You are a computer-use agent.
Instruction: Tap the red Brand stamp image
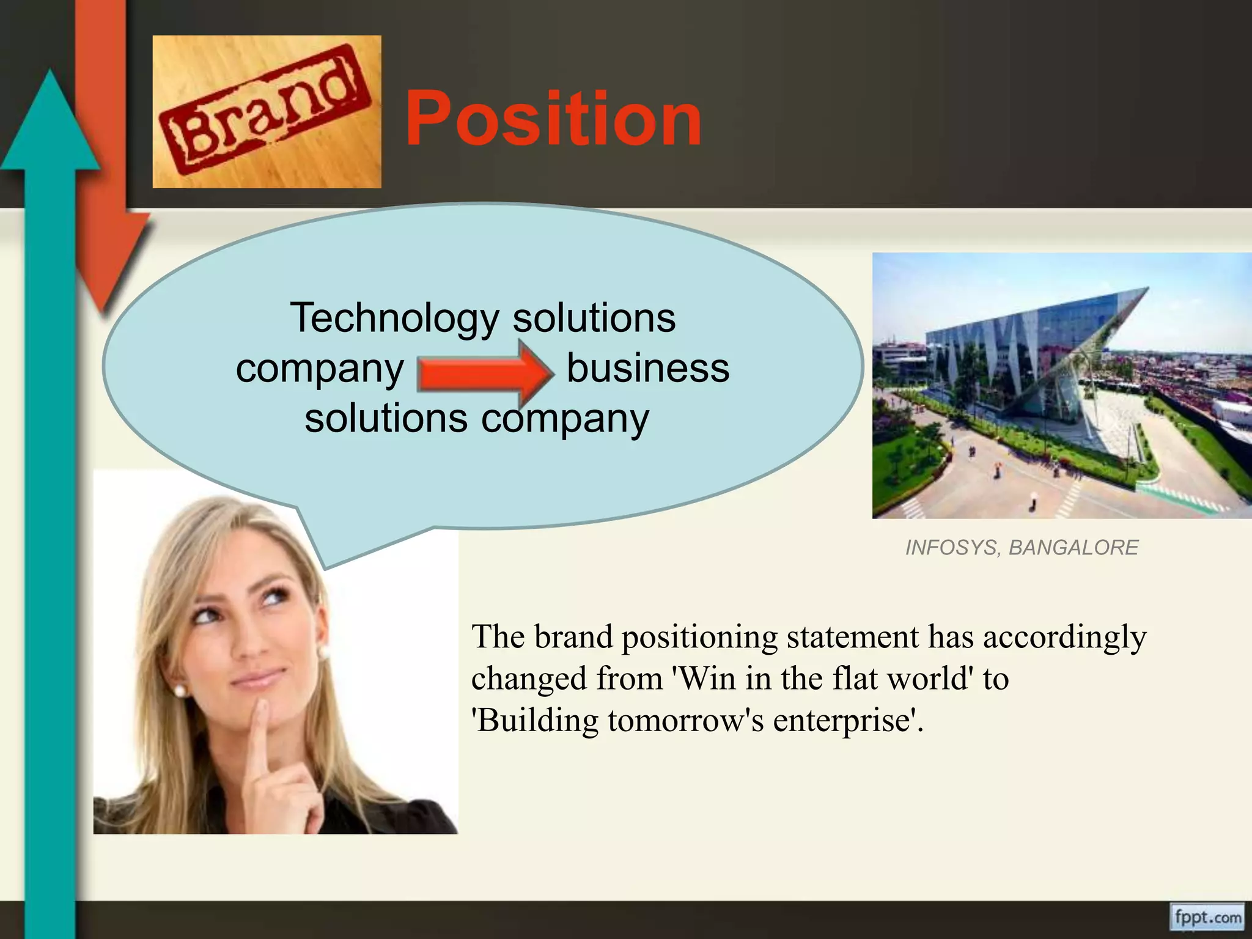(x=267, y=112)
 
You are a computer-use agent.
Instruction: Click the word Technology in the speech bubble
(x=395, y=319)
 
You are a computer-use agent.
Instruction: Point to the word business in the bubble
(x=647, y=368)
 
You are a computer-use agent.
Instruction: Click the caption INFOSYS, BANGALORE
(x=1021, y=547)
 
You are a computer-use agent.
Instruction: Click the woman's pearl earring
(x=181, y=691)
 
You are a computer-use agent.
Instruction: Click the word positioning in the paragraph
(x=699, y=637)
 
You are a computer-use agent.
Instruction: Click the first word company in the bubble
(x=320, y=369)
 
